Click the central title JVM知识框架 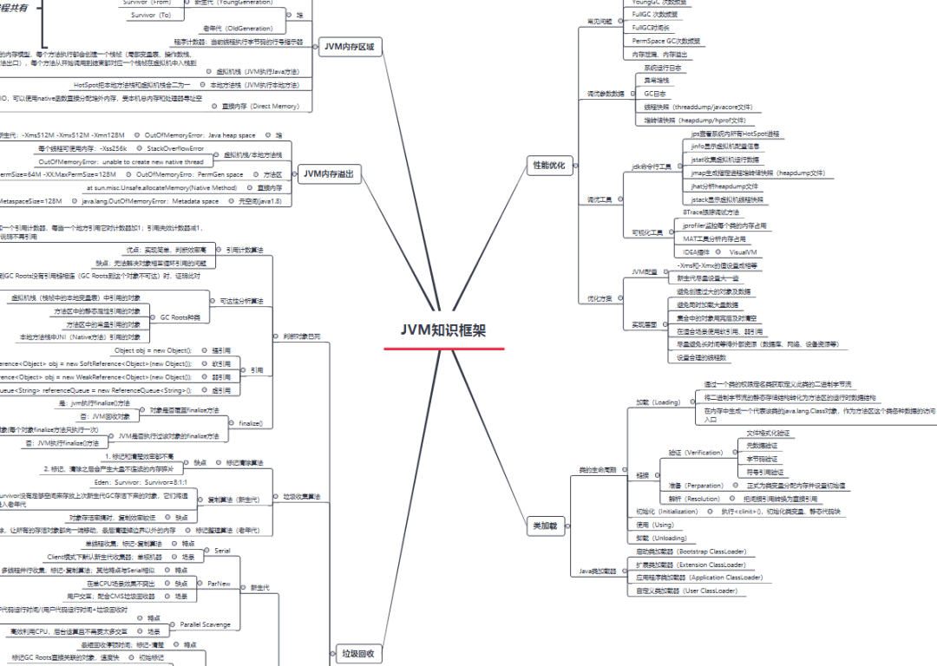point(443,330)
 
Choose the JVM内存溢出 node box point(329,174)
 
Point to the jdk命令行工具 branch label point(652,166)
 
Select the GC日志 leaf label point(655,93)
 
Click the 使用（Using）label point(656,525)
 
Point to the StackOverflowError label point(175,148)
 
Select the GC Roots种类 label point(180,317)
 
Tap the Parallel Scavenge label point(206,624)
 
